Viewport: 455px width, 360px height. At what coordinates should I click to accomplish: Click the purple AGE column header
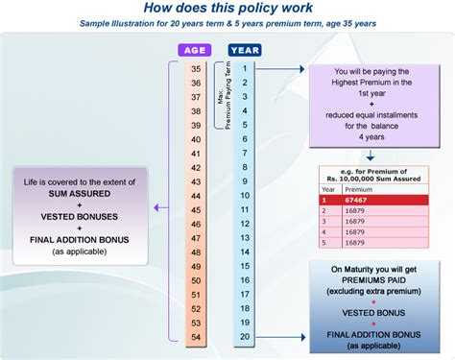coord(194,50)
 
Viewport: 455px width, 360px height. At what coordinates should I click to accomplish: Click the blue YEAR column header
coord(245,50)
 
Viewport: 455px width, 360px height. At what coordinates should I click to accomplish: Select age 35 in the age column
coord(195,69)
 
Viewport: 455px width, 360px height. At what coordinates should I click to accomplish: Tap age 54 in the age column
coord(195,337)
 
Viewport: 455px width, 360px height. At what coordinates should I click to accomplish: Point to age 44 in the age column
coord(195,196)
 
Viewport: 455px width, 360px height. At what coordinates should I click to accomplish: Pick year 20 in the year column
coord(246,337)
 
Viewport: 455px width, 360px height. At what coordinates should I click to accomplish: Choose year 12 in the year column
coord(246,224)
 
